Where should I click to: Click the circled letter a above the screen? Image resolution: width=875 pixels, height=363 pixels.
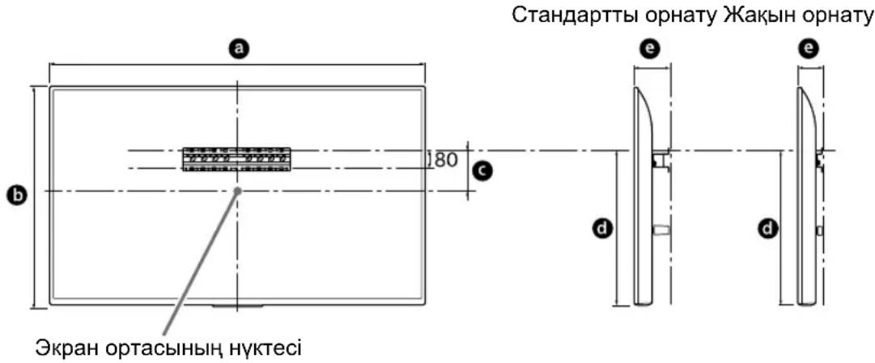coord(237,49)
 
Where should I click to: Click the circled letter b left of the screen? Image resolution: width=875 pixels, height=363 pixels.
coord(14,194)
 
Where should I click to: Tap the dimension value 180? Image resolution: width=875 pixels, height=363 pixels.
coord(444,160)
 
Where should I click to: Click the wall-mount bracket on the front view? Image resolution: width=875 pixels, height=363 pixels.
coord(236,159)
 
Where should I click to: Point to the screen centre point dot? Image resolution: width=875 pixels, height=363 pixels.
coord(238,190)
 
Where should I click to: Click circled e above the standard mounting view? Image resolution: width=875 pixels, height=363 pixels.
coord(652,49)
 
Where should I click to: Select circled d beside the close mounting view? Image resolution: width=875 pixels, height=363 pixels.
coord(765,229)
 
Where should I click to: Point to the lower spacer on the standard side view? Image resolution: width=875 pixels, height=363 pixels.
coord(660,230)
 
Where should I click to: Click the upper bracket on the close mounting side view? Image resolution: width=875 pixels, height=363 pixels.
coord(822,159)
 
